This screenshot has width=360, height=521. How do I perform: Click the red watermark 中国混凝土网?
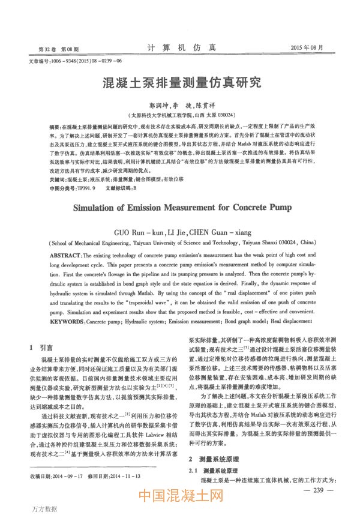181,498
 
